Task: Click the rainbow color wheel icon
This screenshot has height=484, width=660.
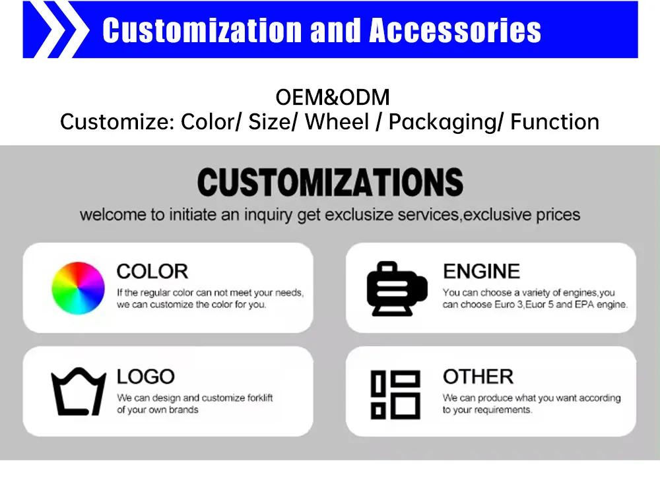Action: tap(79, 288)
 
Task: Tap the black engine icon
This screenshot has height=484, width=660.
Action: tap(397, 288)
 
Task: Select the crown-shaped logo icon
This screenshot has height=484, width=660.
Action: tap(79, 391)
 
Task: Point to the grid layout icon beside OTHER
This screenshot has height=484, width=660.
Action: tap(395, 394)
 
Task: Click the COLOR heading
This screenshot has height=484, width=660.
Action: tap(152, 271)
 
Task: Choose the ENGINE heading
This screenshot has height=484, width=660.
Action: tap(481, 271)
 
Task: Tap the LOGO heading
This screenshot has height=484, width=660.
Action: tap(146, 377)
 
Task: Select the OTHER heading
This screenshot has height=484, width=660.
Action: tap(478, 377)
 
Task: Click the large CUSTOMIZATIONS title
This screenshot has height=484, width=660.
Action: tap(330, 182)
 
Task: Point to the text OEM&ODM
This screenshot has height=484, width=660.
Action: tap(333, 98)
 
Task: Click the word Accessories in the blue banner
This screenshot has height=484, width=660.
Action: tap(455, 30)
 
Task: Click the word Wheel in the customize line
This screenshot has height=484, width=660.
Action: tap(337, 122)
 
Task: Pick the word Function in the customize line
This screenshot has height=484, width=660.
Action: tap(555, 122)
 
